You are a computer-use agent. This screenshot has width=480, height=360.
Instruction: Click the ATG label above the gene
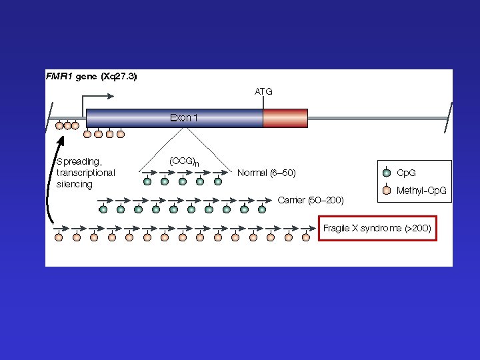click(263, 91)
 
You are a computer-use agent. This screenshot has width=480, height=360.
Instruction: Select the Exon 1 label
click(184, 118)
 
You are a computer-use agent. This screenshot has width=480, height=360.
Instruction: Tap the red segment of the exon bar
click(285, 118)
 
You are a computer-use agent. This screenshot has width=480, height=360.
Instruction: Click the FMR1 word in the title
click(59, 77)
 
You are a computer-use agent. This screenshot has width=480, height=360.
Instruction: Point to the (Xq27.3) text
click(119, 77)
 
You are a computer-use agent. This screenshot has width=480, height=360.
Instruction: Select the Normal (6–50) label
click(267, 173)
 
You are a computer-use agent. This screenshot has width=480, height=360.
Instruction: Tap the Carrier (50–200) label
click(311, 200)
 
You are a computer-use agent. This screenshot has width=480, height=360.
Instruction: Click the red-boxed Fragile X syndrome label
click(377, 229)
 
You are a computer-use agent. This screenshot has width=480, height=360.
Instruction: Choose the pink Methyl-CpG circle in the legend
click(387, 191)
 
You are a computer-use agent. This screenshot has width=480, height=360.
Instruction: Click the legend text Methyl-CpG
click(421, 191)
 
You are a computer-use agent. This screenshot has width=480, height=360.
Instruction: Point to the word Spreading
click(79, 161)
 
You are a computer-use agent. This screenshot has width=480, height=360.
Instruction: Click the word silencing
click(75, 184)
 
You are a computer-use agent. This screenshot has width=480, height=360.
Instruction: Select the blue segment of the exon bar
click(173, 118)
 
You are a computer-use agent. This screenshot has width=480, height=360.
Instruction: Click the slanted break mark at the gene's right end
click(451, 118)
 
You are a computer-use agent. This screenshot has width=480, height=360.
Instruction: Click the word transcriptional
click(86, 173)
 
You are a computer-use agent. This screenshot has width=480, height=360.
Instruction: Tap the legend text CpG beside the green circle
click(407, 173)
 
